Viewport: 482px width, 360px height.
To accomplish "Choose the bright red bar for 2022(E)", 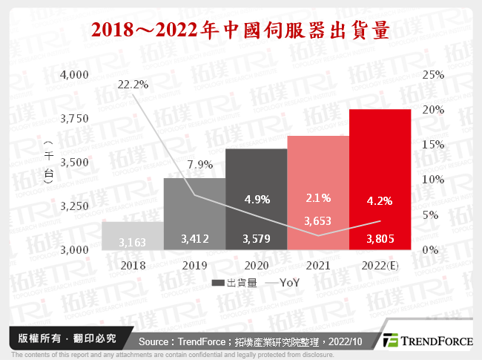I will (380, 178).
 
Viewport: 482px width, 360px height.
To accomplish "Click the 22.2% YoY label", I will (133, 85).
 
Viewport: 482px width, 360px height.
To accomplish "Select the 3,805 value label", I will (380, 239).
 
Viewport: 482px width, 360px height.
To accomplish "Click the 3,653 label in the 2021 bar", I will (317, 220).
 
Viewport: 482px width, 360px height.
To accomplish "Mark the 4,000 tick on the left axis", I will (75, 74).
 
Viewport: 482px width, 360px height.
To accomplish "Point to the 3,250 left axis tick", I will (75, 206).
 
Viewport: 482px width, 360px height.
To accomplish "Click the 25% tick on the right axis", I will (433, 74).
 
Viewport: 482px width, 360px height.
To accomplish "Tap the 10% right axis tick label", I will (433, 180).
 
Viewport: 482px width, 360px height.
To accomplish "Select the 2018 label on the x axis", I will (133, 264).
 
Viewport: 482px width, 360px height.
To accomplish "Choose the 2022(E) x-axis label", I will (380, 264).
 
